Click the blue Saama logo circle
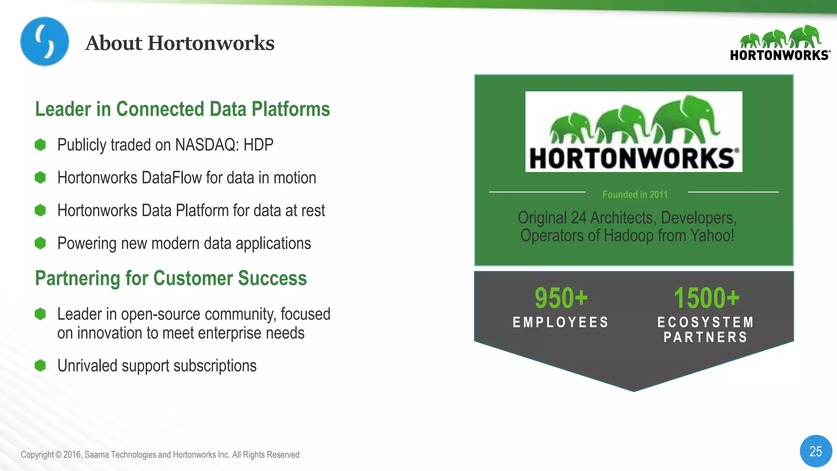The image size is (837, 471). tap(45, 41)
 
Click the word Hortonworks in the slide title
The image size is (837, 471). tap(211, 43)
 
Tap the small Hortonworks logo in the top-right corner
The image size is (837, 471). tap(780, 43)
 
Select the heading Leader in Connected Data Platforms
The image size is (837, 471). tap(182, 109)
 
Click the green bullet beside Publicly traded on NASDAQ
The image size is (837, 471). tap(40, 145)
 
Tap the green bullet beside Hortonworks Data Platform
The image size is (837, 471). tap(40, 211)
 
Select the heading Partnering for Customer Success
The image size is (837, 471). tap(171, 278)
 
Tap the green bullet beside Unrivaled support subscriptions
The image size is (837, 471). tap(40, 366)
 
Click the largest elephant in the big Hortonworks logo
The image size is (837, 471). tap(687, 119)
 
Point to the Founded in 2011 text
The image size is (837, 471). tap(635, 195)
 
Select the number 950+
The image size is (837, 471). tap(561, 298)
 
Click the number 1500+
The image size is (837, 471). tap(706, 298)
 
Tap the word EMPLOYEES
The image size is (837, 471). tap(561, 323)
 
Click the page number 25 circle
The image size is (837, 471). tap(815, 451)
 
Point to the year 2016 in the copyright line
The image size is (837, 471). tap(72, 455)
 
